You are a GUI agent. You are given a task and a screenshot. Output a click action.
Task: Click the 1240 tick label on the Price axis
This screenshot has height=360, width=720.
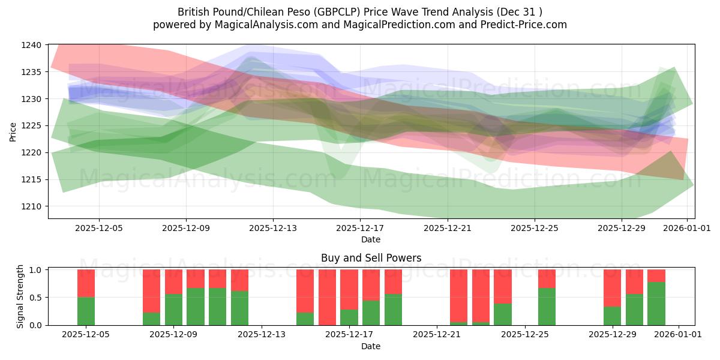(31, 45)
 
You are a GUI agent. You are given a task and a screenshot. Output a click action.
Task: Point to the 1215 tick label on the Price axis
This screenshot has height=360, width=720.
(31, 179)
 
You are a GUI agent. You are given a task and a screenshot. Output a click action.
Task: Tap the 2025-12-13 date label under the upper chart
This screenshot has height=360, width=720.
(273, 228)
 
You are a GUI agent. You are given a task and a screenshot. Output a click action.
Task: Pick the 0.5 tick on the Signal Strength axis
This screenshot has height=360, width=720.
(35, 298)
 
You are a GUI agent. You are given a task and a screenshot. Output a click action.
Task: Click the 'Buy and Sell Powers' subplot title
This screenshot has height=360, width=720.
(371, 258)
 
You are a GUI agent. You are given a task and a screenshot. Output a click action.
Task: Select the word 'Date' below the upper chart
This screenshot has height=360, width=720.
(370, 239)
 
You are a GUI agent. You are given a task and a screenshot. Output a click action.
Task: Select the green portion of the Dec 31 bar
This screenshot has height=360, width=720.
(656, 303)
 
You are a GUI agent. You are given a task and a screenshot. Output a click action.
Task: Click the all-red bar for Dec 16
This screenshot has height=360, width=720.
(327, 297)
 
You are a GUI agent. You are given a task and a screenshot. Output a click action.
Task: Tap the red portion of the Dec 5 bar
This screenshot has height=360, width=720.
(86, 283)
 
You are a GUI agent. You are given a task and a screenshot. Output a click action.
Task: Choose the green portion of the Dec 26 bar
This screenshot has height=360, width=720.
(547, 306)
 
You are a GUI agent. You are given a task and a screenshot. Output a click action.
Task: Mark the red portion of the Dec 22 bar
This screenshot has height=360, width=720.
(459, 295)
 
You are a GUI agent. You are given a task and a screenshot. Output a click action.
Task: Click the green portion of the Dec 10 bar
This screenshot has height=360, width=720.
(196, 306)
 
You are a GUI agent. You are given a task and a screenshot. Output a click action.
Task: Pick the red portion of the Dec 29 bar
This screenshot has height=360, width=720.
(613, 288)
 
